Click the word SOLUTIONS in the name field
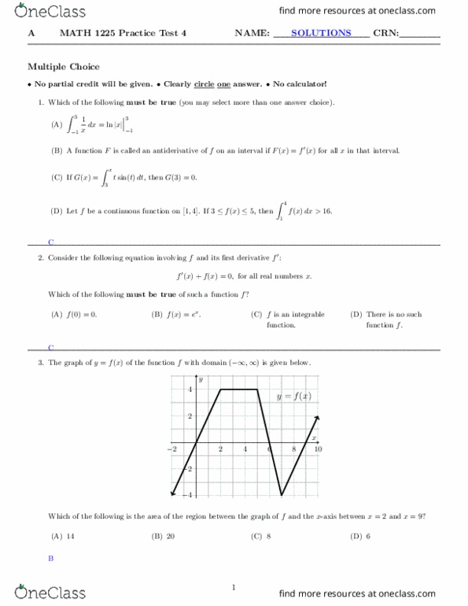321,33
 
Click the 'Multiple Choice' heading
64,67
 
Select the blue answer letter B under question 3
50,558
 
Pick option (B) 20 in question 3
164,537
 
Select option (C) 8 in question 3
261,537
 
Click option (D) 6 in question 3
360,537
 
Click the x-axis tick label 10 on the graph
319,449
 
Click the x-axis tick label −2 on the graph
172,449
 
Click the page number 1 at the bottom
234,587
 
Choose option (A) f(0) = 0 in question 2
73,314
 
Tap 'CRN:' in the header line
389,33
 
